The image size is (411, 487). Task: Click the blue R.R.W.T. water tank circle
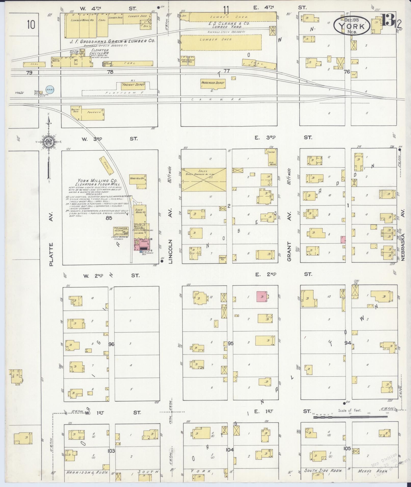(49, 90)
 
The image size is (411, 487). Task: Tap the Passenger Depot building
(213, 84)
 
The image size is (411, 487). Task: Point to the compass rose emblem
(48, 142)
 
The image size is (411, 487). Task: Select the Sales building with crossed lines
(204, 179)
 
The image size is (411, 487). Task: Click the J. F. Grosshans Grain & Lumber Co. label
(109, 41)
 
